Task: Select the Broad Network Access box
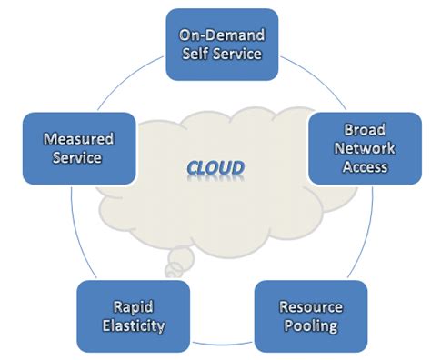point(366,148)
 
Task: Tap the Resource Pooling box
point(310,315)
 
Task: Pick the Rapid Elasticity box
point(134,315)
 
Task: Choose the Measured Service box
point(78,148)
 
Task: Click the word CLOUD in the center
point(215,168)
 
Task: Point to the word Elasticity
point(134,325)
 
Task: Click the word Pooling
point(310,325)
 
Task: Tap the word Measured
point(78,139)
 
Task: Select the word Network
point(366,148)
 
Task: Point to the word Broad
point(366,130)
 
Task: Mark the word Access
point(366,166)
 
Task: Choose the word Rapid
point(134,306)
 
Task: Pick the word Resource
point(310,306)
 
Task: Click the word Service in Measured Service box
point(78,157)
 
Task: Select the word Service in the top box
point(236,54)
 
